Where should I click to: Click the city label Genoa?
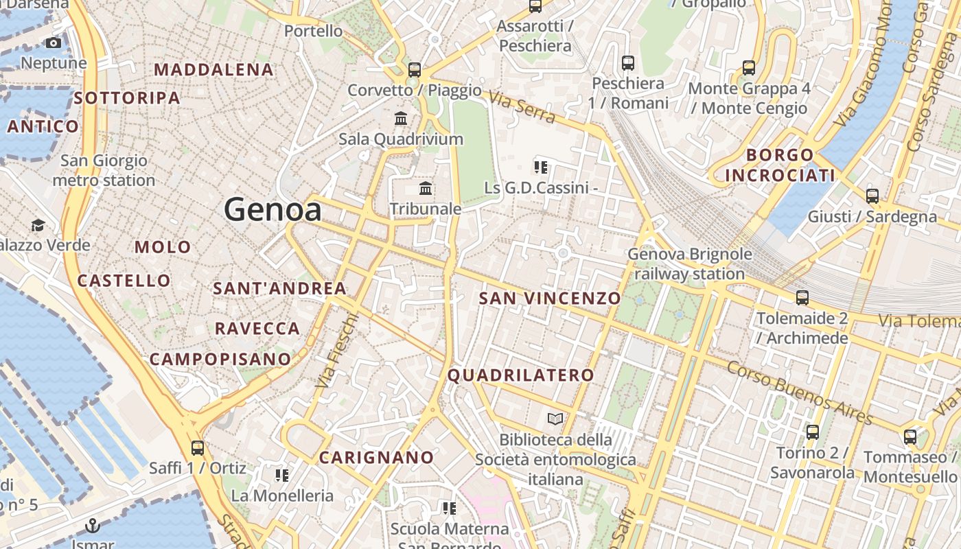tap(273, 209)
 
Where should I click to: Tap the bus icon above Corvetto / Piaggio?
tap(414, 69)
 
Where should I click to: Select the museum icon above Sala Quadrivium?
tap(401, 118)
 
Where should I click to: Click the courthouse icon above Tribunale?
tap(426, 188)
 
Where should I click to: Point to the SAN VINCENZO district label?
tap(549, 298)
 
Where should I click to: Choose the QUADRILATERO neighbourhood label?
tap(520, 375)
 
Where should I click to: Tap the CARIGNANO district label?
tap(377, 457)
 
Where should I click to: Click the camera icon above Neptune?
tap(54, 43)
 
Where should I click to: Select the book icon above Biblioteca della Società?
tap(555, 418)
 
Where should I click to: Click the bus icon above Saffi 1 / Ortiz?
tap(198, 448)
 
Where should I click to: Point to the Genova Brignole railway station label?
tap(689, 264)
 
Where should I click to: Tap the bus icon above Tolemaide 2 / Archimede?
tap(802, 298)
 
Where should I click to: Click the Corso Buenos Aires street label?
tap(799, 393)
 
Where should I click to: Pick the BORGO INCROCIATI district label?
tap(780, 165)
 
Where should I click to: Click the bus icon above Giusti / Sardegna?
tap(872, 196)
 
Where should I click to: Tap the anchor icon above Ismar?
tap(92, 526)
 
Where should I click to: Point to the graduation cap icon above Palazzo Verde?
tap(38, 225)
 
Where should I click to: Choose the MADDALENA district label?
tap(213, 69)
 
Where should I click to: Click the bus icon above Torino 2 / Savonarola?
tap(813, 432)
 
